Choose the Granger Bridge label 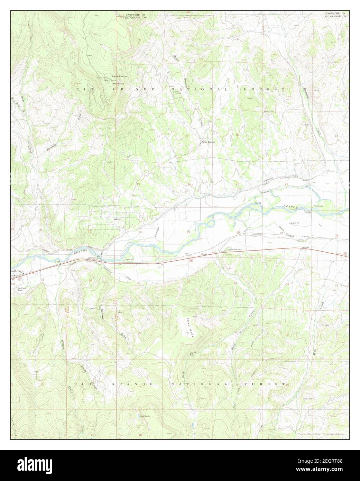coord(308,211)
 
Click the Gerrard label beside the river coord(92,258)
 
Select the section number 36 coord(91,280)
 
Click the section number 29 coord(188,232)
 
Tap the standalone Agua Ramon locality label coord(209,142)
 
